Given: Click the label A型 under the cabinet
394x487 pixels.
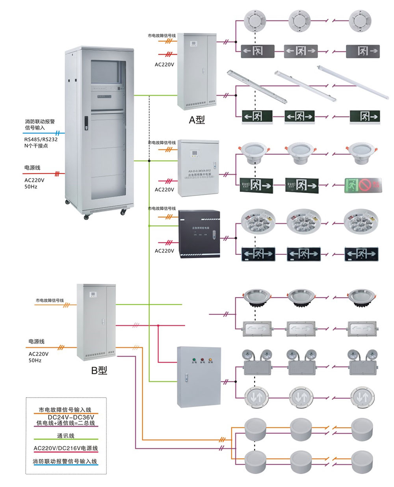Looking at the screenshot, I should pyautogui.click(x=197, y=119).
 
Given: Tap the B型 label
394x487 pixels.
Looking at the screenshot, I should pyautogui.click(x=99, y=370).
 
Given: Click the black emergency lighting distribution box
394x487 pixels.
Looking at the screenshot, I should pyautogui.click(x=199, y=234).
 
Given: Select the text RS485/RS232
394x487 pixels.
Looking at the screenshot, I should pyautogui.click(x=41, y=139).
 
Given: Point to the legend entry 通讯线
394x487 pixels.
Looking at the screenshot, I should pyautogui.click(x=65, y=436).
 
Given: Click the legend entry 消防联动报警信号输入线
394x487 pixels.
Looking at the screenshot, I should pyautogui.click(x=65, y=461).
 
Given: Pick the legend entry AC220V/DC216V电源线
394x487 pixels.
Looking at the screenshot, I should pyautogui.click(x=65, y=448).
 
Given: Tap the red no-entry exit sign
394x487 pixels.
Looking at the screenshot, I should pyautogui.click(x=363, y=185).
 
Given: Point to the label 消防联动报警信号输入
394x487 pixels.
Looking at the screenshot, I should pyautogui.click(x=40, y=125).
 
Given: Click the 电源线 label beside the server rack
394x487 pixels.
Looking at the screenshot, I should pyautogui.click(x=32, y=168).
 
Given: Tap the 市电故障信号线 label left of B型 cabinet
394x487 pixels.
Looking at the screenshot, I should pyautogui.click(x=50, y=301).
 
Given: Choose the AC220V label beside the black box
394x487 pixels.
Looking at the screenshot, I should pyautogui.click(x=164, y=251).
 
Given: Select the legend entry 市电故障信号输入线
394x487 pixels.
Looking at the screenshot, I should pyautogui.click(x=65, y=410).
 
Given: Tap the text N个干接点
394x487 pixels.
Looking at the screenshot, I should pyautogui.click(x=36, y=146).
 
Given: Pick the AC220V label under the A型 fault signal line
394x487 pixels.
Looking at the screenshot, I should pyautogui.click(x=164, y=65).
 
